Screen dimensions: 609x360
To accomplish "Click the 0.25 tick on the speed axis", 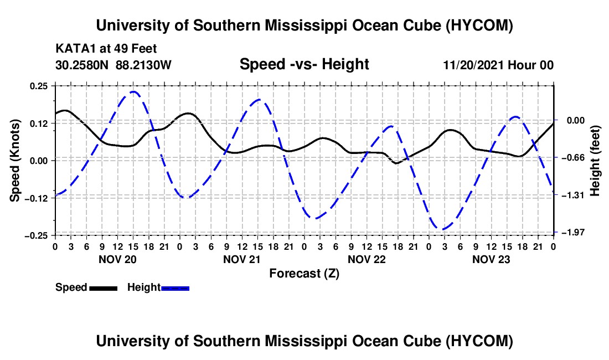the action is pyautogui.click(x=38, y=86).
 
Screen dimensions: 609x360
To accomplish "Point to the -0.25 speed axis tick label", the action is pyautogui.click(x=36, y=236).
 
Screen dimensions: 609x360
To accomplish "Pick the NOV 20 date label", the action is pyautogui.click(x=118, y=259).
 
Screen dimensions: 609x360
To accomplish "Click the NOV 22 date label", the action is pyautogui.click(x=367, y=259).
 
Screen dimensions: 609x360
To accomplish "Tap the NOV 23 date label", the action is pyautogui.click(x=491, y=259).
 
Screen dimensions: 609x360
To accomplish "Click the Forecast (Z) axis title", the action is pyautogui.click(x=304, y=274).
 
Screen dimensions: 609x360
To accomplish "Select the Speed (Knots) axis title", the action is pyautogui.click(x=15, y=161).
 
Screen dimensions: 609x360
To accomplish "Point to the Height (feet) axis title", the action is pyautogui.click(x=595, y=161).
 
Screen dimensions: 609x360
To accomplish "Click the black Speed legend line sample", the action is pyautogui.click(x=104, y=288).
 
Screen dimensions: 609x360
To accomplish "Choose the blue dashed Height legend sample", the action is pyautogui.click(x=175, y=288).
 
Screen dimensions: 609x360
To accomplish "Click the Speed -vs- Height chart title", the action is pyautogui.click(x=304, y=64).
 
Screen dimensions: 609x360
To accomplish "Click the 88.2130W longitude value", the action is pyautogui.click(x=143, y=65).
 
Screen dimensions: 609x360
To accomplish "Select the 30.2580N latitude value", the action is pyautogui.click(x=82, y=65).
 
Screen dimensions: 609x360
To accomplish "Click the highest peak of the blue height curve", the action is pyautogui.click(x=133, y=91).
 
